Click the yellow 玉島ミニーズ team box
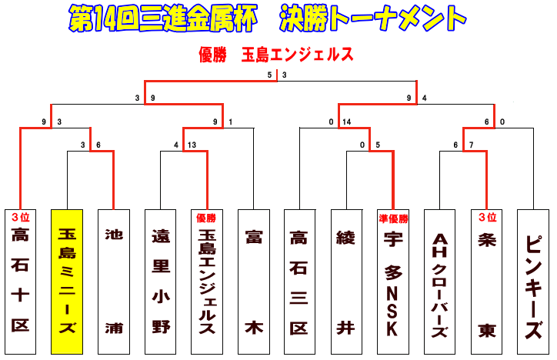[67, 281]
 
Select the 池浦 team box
[114, 281]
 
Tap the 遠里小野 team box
[160, 281]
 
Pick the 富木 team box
[253, 281]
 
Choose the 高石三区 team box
[300, 281]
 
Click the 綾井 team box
[346, 281]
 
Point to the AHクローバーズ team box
[440, 281]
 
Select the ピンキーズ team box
[533, 281]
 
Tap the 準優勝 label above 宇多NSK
[393, 218]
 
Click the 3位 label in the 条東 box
[486, 218]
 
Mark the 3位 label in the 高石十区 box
[20, 218]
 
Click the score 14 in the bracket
[347, 122]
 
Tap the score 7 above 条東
[471, 145]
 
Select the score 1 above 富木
[230, 122]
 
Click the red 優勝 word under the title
[212, 55]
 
